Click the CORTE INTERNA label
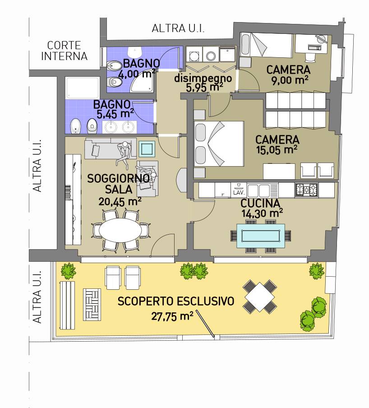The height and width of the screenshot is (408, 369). point(64,51)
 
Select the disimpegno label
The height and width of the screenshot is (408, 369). point(203,78)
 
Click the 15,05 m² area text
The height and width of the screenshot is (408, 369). point(277,150)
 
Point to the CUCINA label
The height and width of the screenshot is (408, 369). point(260,203)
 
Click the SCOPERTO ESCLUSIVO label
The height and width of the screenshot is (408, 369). point(176,301)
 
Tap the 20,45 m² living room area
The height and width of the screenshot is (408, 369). point(120,201)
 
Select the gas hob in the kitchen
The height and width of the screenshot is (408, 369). point(306,190)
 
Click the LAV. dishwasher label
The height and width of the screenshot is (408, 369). point(239,193)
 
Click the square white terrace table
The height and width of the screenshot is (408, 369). point(260,297)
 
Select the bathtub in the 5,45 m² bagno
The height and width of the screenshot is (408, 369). point(83,88)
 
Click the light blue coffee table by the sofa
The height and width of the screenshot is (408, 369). point(147,149)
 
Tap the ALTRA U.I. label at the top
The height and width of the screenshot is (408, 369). point(178,28)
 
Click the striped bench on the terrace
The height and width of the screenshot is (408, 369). point(67,305)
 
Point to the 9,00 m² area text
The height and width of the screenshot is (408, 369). point(290,80)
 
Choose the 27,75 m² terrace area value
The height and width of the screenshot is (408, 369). point(172,316)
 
